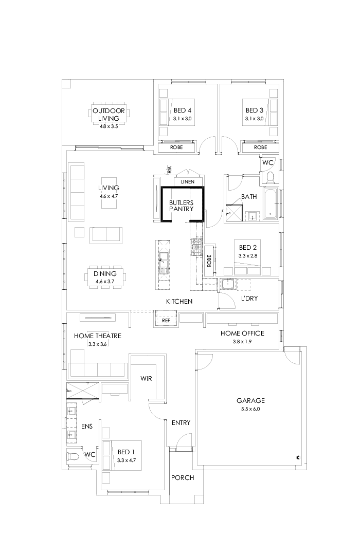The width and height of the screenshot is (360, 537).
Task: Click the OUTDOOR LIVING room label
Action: [x=109, y=114]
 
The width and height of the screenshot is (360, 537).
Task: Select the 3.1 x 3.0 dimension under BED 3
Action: [x=254, y=119]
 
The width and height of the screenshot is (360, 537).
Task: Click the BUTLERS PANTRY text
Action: [x=182, y=206]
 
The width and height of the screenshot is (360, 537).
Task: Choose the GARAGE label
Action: [x=250, y=400]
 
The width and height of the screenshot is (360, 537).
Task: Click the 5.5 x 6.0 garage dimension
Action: [x=250, y=409]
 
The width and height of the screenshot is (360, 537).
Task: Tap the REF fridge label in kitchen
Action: [x=166, y=320]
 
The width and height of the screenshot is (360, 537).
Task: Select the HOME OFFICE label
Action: [x=242, y=334]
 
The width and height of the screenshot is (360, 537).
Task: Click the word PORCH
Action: [x=183, y=478]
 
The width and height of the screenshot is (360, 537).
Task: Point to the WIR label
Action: [x=147, y=378]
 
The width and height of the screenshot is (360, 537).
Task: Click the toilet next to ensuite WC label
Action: [x=74, y=456]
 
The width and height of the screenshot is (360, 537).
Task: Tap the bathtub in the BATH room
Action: [x=271, y=203]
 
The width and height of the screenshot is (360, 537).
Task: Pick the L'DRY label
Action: [x=249, y=298]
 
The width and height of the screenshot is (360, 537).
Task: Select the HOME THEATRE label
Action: [x=97, y=336]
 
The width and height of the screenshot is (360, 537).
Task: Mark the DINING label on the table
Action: [x=104, y=274]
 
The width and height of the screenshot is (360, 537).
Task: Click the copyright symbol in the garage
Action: [x=298, y=457]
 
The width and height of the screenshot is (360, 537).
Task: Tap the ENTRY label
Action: [x=181, y=423]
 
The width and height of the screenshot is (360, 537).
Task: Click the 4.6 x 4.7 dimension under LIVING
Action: [x=109, y=196]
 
